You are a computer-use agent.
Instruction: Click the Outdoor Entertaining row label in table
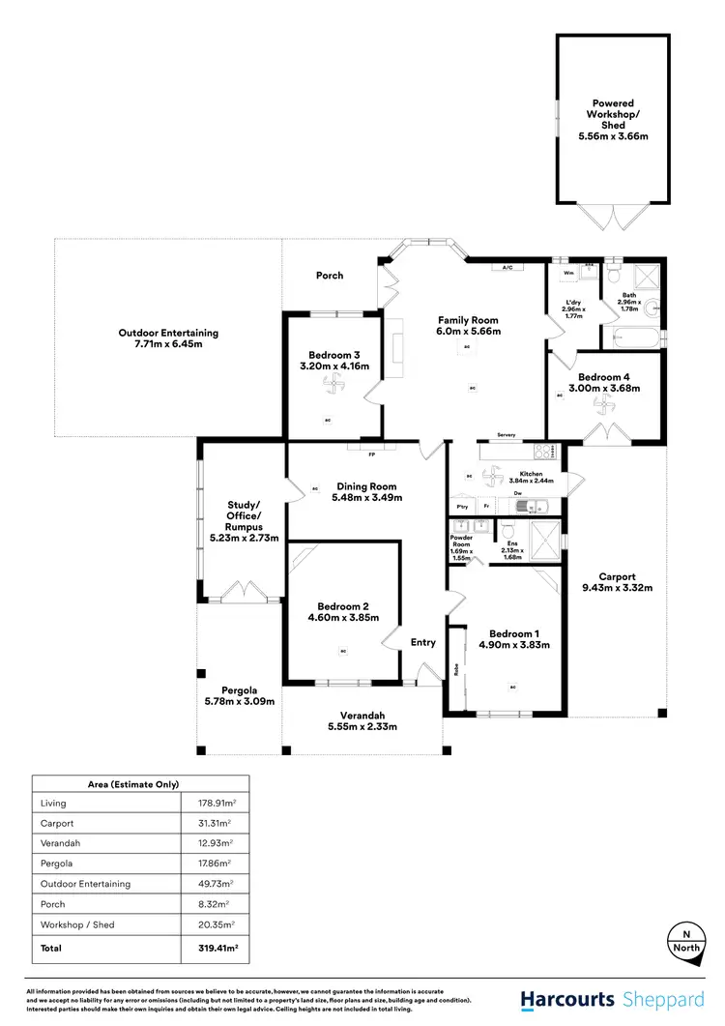85,884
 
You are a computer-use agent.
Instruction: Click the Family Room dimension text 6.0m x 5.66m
467,331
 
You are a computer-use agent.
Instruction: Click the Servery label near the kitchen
503,435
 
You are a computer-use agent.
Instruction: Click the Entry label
423,641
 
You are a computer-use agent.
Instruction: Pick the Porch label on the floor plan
330,276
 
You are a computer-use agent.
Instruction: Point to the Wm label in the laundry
568,274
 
